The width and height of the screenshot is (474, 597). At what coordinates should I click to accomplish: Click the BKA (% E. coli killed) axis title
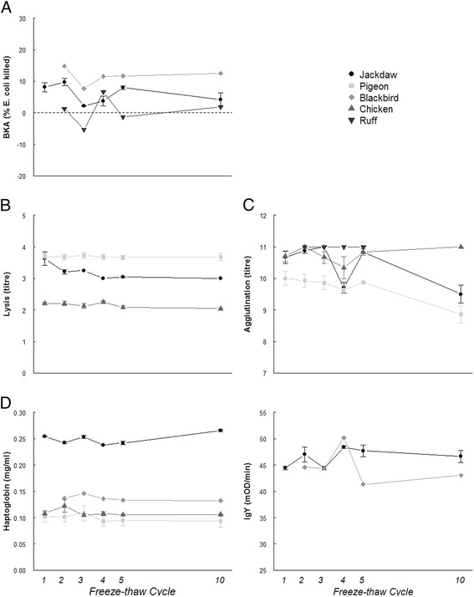pos(10,97)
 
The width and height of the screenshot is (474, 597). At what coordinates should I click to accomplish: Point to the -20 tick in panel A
pos(22,176)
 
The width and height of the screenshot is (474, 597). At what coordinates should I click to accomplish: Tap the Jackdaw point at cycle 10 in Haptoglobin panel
pos(221,431)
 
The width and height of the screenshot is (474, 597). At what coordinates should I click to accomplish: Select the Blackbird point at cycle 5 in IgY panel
pos(362,484)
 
